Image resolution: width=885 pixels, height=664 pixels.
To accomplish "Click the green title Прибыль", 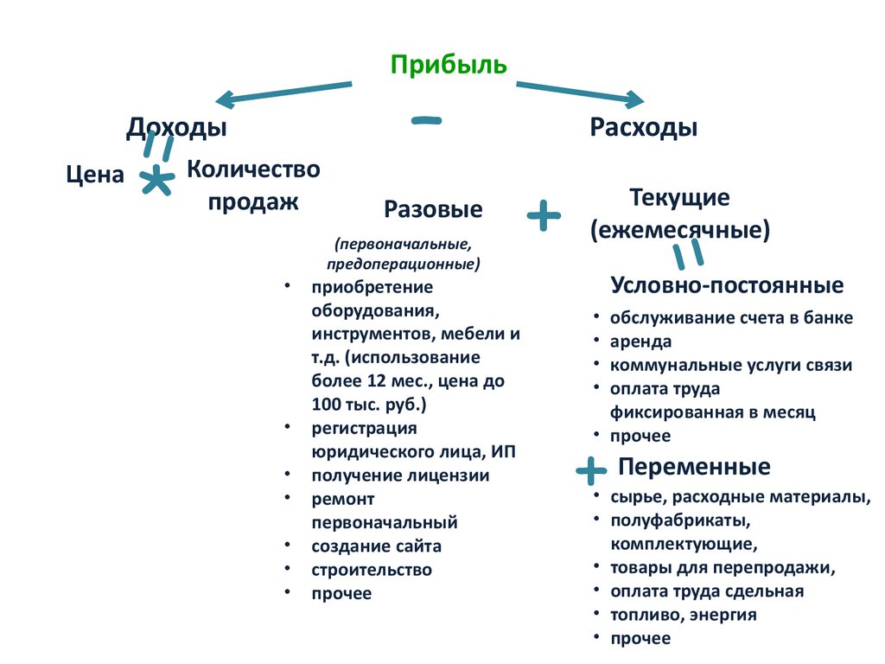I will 449,65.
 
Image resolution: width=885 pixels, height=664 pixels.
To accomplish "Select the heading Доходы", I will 176,128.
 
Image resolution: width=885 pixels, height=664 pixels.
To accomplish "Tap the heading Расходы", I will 644,128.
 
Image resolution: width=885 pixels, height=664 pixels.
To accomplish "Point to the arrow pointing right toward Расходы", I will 580,92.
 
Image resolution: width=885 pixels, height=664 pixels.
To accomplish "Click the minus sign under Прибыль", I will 426,121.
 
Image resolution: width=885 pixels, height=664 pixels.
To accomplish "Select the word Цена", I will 95,175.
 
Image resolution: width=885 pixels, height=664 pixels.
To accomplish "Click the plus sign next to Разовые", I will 544,214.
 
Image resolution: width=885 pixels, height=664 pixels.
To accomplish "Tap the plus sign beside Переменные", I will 590,471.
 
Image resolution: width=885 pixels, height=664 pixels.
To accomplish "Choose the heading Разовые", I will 433,210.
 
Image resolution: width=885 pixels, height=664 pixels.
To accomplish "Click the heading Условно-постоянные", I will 727,285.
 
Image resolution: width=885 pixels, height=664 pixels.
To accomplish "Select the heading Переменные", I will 694,468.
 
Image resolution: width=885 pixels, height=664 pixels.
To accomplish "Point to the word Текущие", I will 680,198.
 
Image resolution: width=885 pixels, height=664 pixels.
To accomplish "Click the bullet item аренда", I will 640,342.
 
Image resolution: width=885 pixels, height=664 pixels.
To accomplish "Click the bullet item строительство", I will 372,570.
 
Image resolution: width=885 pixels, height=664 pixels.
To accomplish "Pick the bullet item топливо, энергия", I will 683,615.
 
